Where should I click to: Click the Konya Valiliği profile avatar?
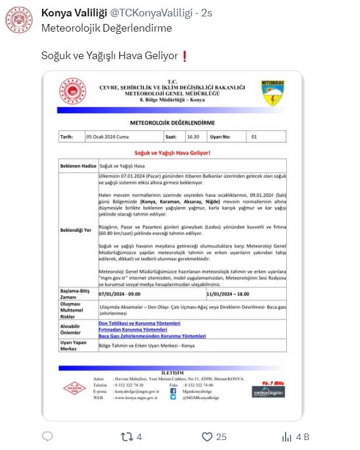pos(19,20)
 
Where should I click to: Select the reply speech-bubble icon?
pos(48,437)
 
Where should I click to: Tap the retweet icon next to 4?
pos(125,437)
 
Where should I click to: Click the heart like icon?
pos(207,437)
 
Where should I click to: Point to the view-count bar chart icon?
pos(287,437)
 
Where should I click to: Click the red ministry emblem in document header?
pos(72,92)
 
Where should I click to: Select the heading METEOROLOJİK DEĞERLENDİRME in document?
pos(172,123)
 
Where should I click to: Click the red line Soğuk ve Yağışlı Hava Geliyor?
pos(172,152)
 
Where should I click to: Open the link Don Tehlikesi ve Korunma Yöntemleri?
pos(139,323)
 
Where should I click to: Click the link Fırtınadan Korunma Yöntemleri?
pos(133,329)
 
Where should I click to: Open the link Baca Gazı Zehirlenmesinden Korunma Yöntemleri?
pos(152,336)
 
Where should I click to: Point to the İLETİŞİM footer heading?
pos(172,373)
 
